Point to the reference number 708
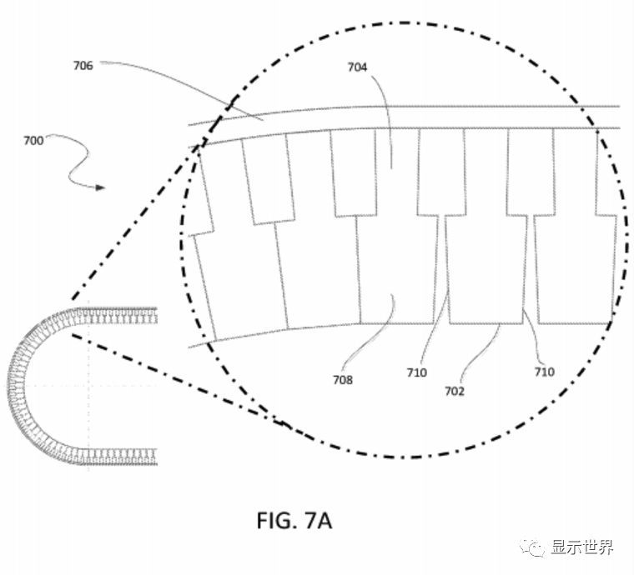(x=342, y=380)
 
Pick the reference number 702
(x=455, y=390)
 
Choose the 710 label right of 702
(x=544, y=372)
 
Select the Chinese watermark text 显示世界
(x=582, y=547)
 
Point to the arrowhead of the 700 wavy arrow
(x=101, y=187)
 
